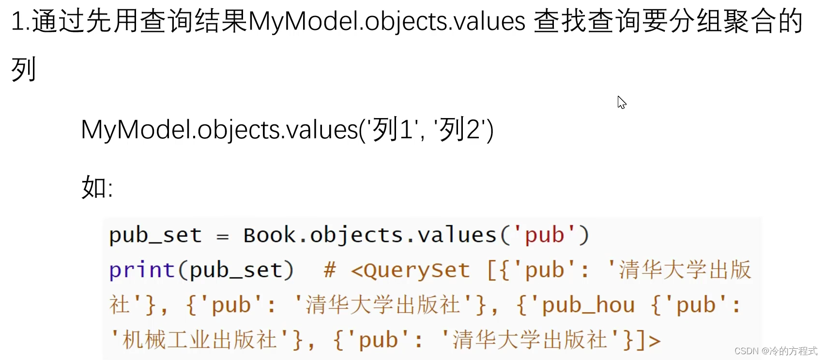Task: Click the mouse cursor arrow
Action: [622, 102]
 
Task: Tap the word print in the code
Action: [141, 270]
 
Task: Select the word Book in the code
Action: [269, 235]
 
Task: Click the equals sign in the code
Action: [222, 236]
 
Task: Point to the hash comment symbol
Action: [330, 270]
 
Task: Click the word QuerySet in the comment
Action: [416, 270]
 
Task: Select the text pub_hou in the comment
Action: [588, 305]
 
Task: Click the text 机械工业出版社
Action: [199, 340]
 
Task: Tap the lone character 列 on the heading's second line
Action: [23, 70]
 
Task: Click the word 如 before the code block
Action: [94, 187]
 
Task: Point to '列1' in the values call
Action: [392, 130]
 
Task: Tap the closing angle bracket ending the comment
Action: [654, 341]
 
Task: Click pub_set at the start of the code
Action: [155, 235]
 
